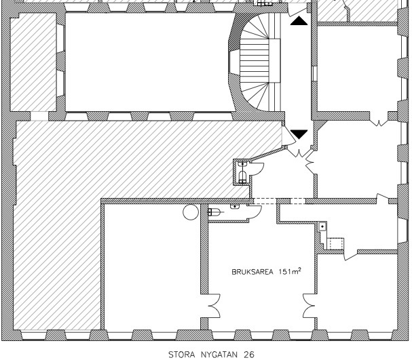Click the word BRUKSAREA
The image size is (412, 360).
click(252, 272)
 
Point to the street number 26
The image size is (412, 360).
click(249, 355)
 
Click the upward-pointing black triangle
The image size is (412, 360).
click(299, 21)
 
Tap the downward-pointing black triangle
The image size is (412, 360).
click(299, 134)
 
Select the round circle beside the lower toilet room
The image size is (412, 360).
click(191, 212)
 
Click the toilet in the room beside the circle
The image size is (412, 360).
click(214, 212)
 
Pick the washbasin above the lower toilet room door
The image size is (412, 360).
click(235, 207)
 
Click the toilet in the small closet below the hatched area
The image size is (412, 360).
click(242, 176)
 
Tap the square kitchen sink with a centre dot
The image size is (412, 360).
click(322, 226)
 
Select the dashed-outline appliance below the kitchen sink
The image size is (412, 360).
click(336, 244)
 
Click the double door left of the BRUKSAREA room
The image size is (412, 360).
click(214, 306)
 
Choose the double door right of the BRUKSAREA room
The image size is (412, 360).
click(309, 306)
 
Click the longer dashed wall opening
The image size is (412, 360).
click(265, 201)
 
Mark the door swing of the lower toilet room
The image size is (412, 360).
click(255, 210)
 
